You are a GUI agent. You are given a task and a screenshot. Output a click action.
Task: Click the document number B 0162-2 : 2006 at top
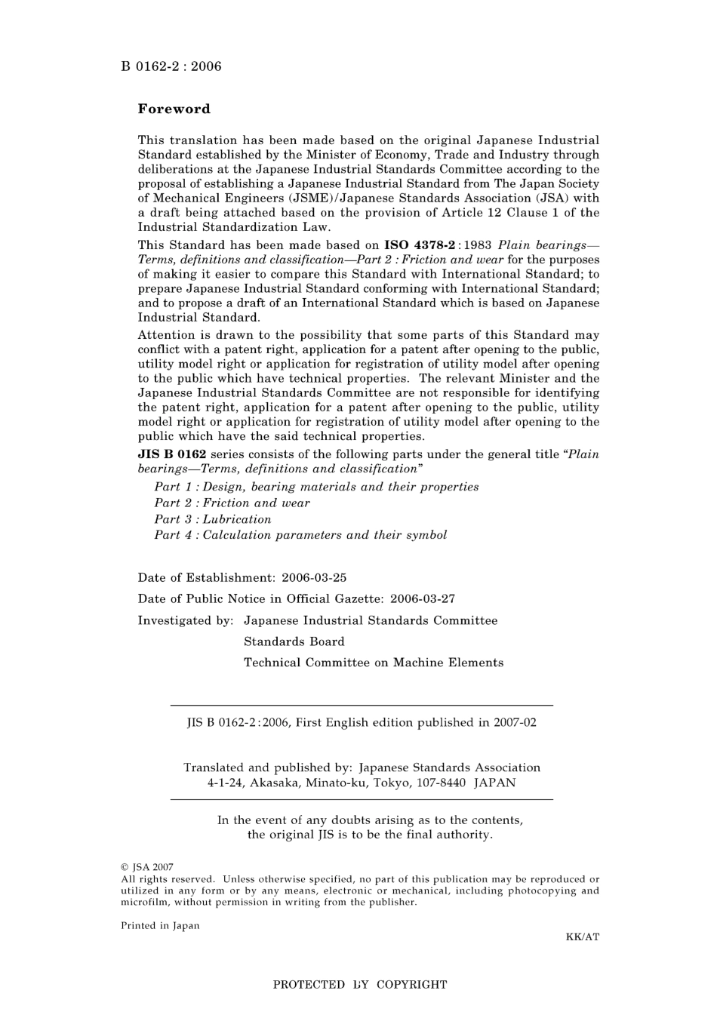click(x=171, y=66)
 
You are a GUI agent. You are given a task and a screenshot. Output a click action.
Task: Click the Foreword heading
click(x=174, y=109)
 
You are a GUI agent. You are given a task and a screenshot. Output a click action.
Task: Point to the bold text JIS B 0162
click(x=171, y=454)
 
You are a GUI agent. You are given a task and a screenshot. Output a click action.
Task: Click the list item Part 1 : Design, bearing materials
click(x=316, y=487)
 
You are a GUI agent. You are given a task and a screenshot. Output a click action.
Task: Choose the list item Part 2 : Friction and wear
click(x=232, y=503)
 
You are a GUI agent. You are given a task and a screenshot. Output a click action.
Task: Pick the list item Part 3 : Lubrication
click(x=212, y=519)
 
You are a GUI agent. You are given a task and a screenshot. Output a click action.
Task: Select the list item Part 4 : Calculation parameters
click(x=300, y=535)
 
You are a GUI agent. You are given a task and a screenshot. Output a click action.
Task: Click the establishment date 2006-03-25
click(x=314, y=578)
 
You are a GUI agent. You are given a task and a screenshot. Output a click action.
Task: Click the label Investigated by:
click(x=186, y=620)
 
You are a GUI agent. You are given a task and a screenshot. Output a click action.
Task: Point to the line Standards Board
click(x=294, y=641)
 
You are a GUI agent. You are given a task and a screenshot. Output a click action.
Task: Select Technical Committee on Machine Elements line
click(x=373, y=663)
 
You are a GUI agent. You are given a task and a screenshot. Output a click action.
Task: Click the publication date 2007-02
click(x=515, y=722)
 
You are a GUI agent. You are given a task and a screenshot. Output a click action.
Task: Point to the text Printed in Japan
click(x=160, y=926)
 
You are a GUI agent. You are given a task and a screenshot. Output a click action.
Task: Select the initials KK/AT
click(x=582, y=937)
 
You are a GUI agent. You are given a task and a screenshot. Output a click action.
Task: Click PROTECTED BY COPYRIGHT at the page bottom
click(x=359, y=985)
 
